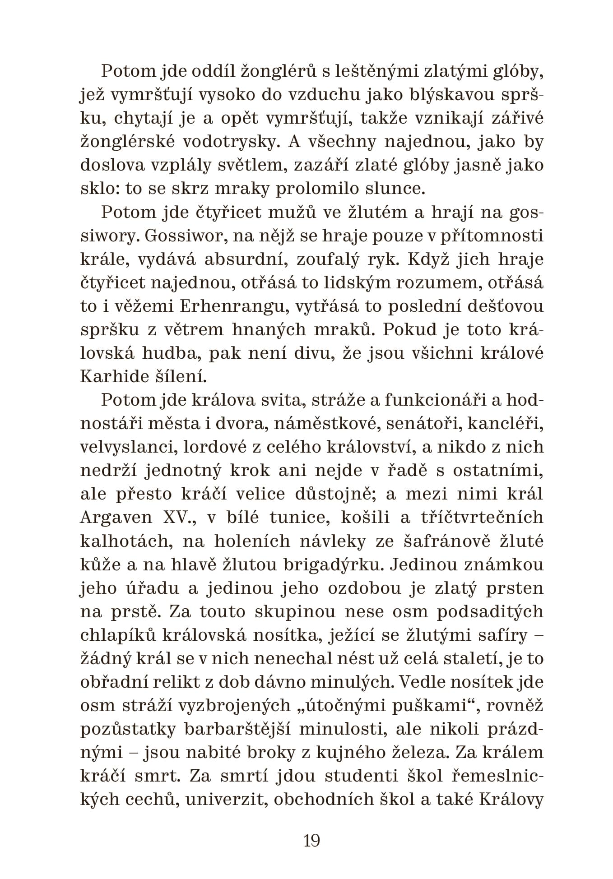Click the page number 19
pyautogui.click(x=311, y=840)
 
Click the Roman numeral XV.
pyautogui.click(x=179, y=517)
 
